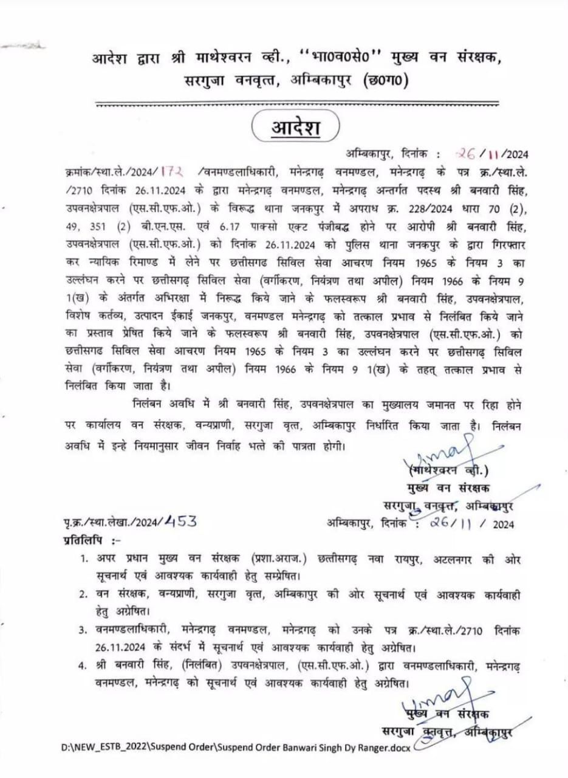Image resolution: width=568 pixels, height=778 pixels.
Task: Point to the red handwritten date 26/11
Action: pos(471,153)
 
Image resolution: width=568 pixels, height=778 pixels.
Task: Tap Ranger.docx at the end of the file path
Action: pos(383,748)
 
